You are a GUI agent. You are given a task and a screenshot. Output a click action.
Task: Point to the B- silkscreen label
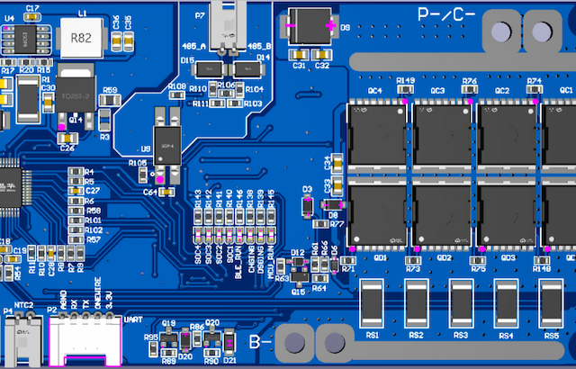[260, 342]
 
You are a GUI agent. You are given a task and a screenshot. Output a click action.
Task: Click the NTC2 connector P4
[19, 341]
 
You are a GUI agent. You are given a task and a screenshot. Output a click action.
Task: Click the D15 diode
[211, 68]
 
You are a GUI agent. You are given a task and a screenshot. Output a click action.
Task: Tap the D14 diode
[244, 68]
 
